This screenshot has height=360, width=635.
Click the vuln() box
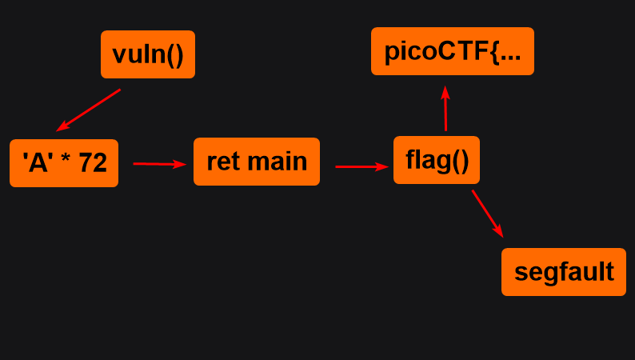[x=148, y=54]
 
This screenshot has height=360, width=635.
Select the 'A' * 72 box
[x=64, y=163]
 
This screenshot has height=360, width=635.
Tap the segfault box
[x=563, y=272]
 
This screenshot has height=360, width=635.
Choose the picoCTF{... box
[x=452, y=51]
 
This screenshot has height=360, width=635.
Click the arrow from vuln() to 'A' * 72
[x=89, y=110]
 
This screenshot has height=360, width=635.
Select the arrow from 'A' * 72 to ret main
[x=159, y=164]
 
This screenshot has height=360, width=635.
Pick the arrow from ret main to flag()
[x=361, y=166]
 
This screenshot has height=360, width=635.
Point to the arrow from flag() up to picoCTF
[x=445, y=109]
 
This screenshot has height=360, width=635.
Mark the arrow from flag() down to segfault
[x=488, y=214]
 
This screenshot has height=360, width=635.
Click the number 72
[x=93, y=163]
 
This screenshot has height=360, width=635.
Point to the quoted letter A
[x=38, y=163]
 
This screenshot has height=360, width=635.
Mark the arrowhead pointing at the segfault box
[x=500, y=232]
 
